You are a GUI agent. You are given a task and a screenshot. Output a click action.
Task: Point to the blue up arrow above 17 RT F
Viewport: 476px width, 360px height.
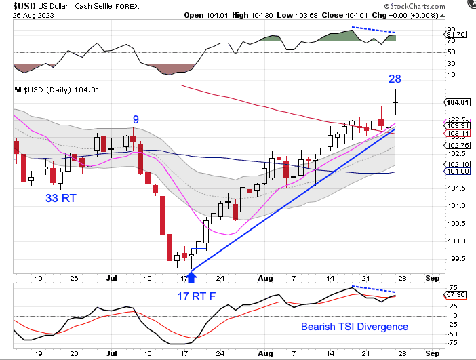tap(191, 276)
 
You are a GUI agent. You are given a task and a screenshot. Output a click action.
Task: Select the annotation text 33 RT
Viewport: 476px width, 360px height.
tap(61, 199)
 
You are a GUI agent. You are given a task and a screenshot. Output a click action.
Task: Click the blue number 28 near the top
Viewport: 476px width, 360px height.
tap(395, 79)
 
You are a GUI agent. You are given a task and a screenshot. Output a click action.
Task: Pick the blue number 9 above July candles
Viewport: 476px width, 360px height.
tap(136, 119)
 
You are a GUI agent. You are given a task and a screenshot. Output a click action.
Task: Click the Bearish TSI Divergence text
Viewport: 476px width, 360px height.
tap(355, 327)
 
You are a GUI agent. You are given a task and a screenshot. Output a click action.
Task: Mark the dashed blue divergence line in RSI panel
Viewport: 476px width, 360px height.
tap(374, 31)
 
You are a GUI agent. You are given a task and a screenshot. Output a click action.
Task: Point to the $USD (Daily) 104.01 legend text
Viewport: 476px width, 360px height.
tap(60, 89)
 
